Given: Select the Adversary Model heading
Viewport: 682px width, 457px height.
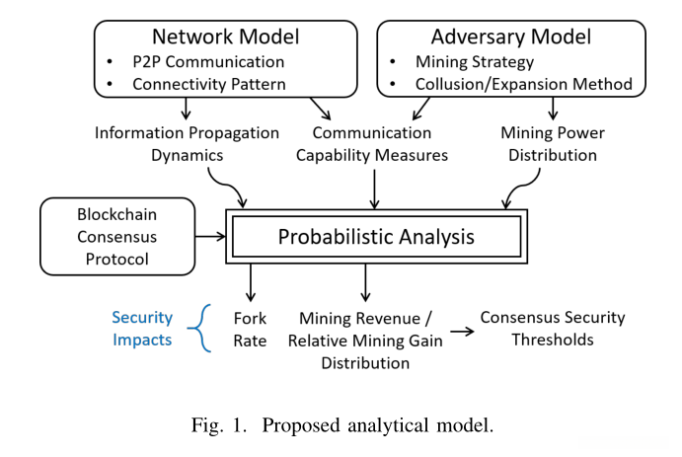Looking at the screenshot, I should point(512,38).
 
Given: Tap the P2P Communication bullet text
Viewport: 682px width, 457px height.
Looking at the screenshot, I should point(208,62).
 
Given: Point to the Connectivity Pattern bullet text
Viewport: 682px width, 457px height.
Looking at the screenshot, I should point(209,84).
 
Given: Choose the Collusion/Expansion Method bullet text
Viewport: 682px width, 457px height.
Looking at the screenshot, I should point(524,84).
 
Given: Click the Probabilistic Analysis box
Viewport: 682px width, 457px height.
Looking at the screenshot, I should point(376,237).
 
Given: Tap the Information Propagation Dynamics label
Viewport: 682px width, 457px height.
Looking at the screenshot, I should point(187,144).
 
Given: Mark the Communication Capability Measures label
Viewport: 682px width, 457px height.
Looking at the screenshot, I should point(372,144).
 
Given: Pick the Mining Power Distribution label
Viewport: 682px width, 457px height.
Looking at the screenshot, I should point(553,144).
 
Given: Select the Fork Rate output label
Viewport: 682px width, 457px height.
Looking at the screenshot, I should point(250,329).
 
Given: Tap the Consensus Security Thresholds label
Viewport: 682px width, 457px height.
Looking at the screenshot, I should point(553,329).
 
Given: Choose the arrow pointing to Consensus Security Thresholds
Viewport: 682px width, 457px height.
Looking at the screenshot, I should point(459,330).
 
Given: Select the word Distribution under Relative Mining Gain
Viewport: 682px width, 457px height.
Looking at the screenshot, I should point(365,362).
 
